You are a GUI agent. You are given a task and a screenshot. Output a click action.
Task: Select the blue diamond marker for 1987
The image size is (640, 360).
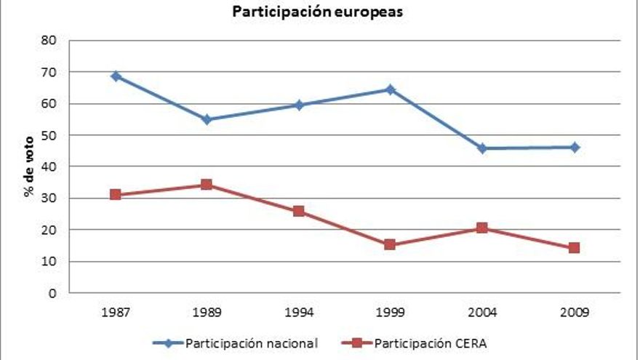(116, 76)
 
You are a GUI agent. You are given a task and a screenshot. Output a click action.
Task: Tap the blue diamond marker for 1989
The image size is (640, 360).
(207, 119)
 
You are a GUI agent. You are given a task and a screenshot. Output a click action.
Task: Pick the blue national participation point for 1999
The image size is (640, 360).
(390, 89)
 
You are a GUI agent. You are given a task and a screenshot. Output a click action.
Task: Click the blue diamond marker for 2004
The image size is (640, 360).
(482, 148)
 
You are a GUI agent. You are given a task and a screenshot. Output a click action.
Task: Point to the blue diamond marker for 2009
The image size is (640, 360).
(574, 147)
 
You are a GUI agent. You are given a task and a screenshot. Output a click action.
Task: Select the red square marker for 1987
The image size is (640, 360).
(116, 195)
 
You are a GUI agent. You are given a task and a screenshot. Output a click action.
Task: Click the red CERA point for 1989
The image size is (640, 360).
(207, 185)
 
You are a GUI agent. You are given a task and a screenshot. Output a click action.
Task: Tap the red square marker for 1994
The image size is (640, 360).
(298, 211)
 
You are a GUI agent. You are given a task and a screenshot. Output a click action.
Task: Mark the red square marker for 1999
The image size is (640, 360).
(390, 244)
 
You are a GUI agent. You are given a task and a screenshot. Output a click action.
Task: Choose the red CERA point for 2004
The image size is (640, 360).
(482, 228)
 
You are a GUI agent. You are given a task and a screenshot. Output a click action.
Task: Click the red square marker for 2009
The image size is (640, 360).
(574, 248)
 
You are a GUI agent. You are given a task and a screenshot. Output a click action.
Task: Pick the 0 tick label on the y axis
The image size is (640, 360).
(53, 293)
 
